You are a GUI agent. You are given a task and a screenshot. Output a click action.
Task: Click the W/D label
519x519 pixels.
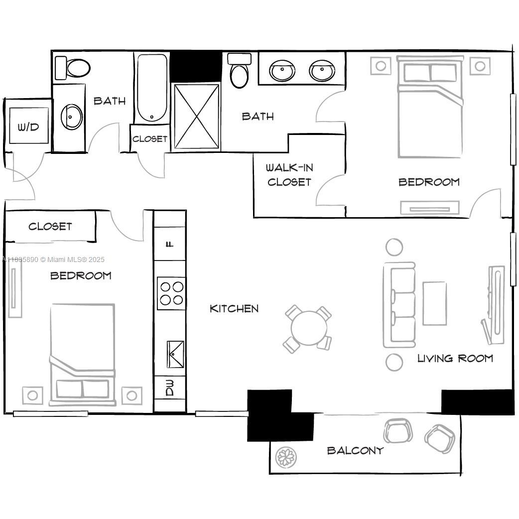point(28,127)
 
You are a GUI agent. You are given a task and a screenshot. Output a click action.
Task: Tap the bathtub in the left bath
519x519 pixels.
point(152,88)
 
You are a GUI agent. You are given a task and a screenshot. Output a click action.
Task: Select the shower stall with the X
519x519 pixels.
point(197,116)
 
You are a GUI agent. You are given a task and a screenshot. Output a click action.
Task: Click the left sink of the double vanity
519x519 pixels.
point(282,71)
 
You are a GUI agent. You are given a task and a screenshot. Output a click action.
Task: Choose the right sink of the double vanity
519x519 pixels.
point(322,71)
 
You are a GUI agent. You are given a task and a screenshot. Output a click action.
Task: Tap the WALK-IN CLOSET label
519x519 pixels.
point(289,175)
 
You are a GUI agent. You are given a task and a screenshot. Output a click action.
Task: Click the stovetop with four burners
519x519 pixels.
point(171,293)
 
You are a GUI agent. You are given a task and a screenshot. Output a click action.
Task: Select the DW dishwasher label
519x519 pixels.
point(170,388)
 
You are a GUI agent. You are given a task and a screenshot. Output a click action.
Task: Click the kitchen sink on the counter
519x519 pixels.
point(175,354)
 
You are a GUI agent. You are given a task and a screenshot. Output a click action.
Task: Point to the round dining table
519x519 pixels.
point(309,328)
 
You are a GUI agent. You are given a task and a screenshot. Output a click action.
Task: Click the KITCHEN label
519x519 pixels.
point(234,309)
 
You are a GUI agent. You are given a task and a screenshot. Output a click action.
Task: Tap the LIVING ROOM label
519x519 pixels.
point(455,358)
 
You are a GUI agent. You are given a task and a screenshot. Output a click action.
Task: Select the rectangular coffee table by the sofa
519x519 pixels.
point(435,303)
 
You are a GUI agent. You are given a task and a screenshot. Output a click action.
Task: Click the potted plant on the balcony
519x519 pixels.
point(286,457)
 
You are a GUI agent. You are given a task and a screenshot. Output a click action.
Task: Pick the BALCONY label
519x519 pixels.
point(355,450)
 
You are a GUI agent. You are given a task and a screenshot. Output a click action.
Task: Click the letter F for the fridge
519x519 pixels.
point(170,244)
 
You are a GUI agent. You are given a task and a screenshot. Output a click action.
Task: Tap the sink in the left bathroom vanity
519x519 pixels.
point(72,117)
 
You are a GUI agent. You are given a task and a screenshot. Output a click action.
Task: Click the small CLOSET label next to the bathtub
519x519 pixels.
point(150,139)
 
